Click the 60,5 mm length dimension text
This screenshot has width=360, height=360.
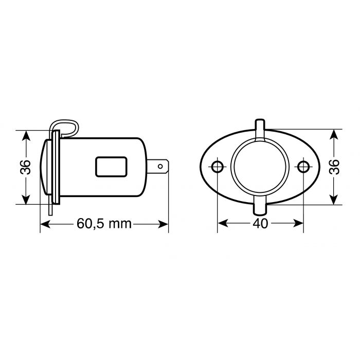(104, 224)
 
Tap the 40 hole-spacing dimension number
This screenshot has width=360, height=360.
(261, 224)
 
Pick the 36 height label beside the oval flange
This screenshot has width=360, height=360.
(334, 167)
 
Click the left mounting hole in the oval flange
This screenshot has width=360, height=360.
(218, 167)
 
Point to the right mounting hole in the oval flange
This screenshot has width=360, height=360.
(304, 167)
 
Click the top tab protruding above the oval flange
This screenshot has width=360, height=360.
(261, 129)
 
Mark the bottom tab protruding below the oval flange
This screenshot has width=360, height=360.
(261, 207)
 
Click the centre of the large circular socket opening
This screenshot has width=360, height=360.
(261, 167)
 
